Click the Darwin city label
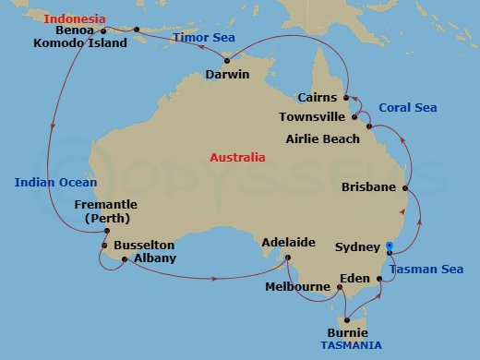228,75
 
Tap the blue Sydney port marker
390,246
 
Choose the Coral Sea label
409,107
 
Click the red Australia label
237,158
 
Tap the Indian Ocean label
54,183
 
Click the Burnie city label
348,332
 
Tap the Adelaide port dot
288,258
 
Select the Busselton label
144,246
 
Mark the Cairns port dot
346,97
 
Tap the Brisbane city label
368,186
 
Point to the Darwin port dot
227,62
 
